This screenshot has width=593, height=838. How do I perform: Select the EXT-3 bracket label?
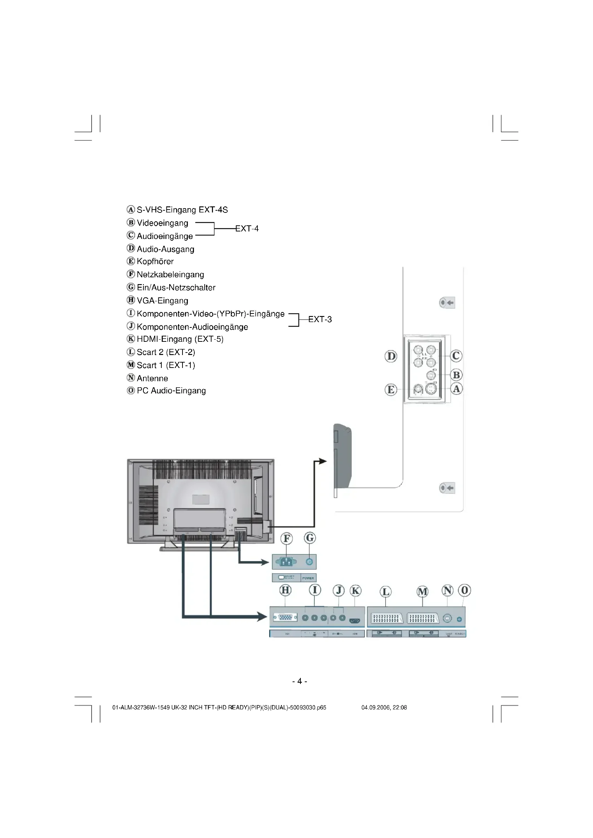(x=320, y=319)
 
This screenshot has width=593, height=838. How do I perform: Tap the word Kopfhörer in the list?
(x=155, y=261)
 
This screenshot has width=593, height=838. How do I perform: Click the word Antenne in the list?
(x=152, y=378)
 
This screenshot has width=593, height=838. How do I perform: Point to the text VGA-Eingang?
(x=162, y=300)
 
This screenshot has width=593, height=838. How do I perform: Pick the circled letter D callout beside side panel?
(x=391, y=356)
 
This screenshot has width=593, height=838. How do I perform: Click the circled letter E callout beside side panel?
(x=391, y=389)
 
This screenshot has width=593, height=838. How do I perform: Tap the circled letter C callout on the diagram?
(x=456, y=355)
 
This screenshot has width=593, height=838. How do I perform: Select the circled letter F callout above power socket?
(x=287, y=538)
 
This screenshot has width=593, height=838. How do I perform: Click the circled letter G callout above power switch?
(x=310, y=538)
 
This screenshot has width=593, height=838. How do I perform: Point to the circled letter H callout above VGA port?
(x=285, y=590)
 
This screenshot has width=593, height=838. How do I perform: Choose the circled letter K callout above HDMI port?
(x=355, y=590)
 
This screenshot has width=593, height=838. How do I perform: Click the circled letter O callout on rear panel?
(x=464, y=590)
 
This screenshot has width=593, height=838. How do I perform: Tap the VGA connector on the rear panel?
(x=285, y=618)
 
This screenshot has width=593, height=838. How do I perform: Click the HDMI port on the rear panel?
(x=355, y=621)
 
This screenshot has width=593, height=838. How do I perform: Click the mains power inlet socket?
(x=286, y=562)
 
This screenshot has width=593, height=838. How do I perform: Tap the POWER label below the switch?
(x=308, y=578)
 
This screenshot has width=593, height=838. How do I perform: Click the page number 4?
(x=299, y=681)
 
